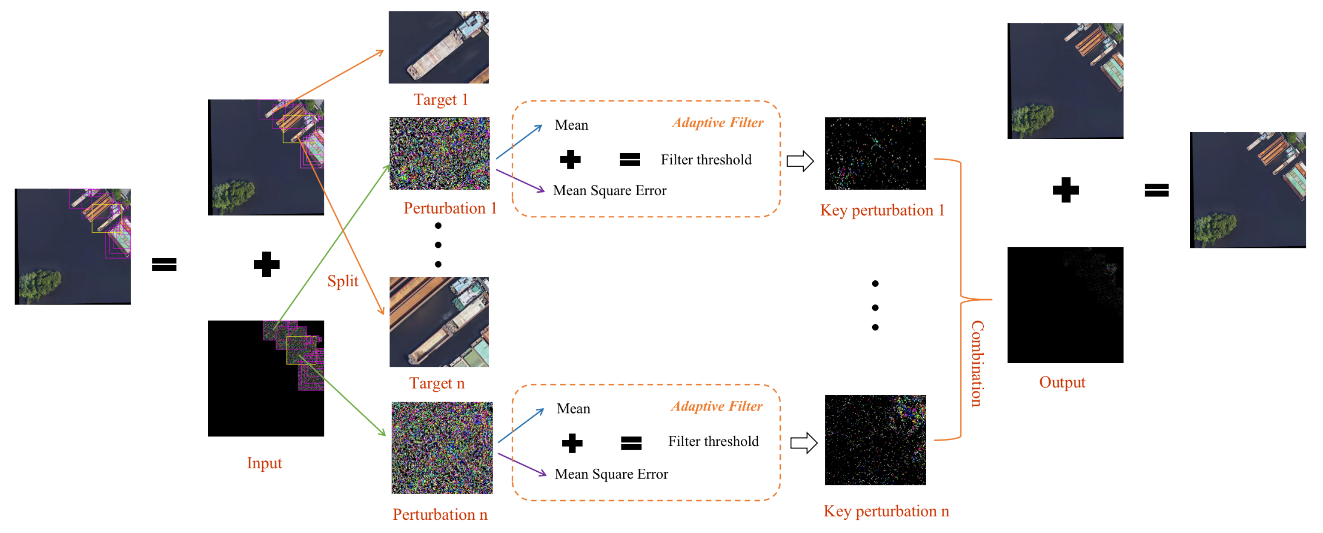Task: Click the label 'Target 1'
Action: pos(440,100)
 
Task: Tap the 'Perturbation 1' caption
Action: pos(450,208)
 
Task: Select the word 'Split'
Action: pos(343,281)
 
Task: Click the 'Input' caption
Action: pos(264,463)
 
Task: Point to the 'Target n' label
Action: pos(437,383)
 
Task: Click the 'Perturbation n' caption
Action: pos(440,515)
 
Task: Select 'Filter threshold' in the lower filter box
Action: pos(713,441)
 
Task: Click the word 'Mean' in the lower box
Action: pos(573,409)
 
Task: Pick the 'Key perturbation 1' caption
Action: pos(882,210)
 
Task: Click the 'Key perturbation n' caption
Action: pos(886,511)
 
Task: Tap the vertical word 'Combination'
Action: pos(977,363)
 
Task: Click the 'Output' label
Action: pos(1062,382)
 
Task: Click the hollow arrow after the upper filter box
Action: pos(800,161)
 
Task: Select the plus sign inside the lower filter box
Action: pos(572,443)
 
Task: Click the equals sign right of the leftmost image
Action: pos(164,264)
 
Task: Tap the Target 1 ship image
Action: pos(438,47)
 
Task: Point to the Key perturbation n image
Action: pos(875,440)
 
